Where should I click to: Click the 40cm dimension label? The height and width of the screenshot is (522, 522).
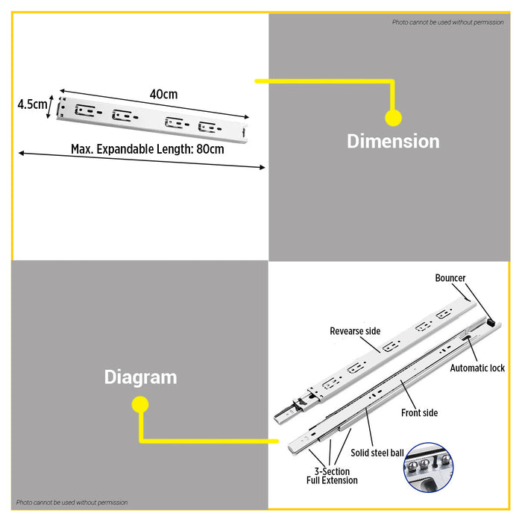point(163,94)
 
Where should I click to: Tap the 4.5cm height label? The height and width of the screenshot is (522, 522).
point(32,104)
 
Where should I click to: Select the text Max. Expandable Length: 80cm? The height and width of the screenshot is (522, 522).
point(148,149)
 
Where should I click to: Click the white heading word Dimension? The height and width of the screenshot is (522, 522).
point(393,141)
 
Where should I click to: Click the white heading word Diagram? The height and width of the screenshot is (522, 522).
point(140,377)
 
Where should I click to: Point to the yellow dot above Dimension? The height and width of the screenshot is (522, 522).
point(394,118)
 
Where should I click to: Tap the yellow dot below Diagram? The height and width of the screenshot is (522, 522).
point(140,404)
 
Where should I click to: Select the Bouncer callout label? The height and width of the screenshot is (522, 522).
point(450,278)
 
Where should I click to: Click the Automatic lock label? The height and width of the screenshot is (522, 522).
point(477,368)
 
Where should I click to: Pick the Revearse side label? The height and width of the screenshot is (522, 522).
point(355,331)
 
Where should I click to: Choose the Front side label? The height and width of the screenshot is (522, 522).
point(419,413)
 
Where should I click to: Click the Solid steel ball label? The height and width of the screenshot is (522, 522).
point(377,453)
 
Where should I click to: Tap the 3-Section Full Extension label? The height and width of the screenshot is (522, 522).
point(332,476)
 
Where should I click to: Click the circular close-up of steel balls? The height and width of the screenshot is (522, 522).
point(429,468)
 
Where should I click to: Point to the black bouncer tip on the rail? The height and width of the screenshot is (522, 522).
point(491,321)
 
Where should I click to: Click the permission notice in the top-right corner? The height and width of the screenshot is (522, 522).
point(447,22)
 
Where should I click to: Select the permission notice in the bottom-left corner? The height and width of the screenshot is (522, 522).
point(72,503)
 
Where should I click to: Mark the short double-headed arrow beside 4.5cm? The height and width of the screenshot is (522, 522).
point(50,107)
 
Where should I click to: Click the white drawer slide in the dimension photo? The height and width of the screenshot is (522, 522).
point(152,119)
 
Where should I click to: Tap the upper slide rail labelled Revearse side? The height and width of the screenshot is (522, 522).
point(375,359)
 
